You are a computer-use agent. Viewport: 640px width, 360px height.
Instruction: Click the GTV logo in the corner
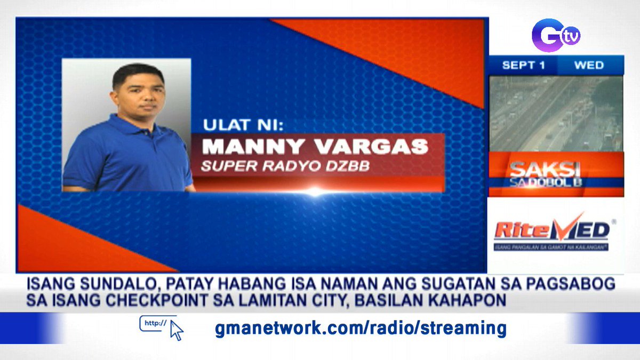(x=555, y=35)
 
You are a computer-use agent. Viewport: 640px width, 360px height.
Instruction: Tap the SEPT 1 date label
(x=523, y=66)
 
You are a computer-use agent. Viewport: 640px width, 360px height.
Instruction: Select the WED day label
(x=589, y=66)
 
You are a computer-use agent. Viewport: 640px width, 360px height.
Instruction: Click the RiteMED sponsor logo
(x=552, y=230)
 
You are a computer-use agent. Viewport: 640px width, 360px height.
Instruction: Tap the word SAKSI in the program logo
(x=544, y=169)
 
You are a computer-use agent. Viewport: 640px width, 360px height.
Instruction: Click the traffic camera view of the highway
(x=556, y=114)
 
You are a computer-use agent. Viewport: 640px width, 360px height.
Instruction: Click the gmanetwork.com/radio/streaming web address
(x=361, y=328)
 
